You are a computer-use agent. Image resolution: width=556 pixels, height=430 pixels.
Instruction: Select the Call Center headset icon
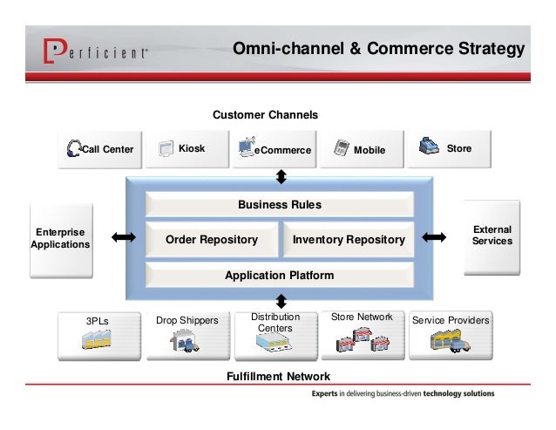[74, 148]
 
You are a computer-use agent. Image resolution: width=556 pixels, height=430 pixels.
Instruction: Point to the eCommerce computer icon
[247, 146]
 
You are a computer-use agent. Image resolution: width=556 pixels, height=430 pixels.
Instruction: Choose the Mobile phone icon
[341, 148]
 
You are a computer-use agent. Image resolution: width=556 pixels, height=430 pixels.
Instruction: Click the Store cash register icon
[428, 146]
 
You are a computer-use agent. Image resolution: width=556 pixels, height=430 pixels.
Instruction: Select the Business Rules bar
[279, 205]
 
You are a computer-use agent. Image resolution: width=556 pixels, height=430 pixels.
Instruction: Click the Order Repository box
[211, 239]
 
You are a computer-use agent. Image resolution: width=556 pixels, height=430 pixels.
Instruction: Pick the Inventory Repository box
[348, 239]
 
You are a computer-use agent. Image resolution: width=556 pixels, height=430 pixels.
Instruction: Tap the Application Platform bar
[279, 276]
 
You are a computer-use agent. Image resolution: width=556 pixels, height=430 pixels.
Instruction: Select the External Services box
[492, 235]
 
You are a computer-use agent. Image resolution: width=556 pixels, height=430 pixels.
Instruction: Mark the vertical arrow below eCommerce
[281, 177]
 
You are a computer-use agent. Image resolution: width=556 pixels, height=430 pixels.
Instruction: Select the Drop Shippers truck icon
[186, 343]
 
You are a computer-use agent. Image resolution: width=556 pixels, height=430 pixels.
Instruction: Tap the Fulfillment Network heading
[278, 376]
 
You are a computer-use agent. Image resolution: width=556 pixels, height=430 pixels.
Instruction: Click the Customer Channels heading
[265, 115]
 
